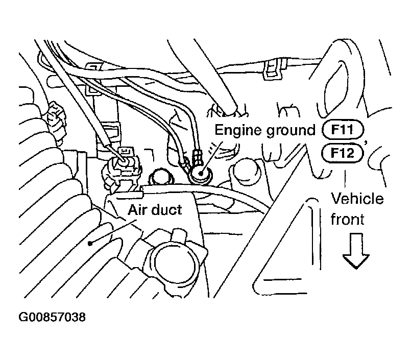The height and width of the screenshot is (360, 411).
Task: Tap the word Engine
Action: tap(235, 131)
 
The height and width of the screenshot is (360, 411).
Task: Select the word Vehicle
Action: tap(357, 199)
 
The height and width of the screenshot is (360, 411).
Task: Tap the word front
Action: tap(347, 220)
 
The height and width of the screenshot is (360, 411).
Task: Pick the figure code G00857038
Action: tap(52, 318)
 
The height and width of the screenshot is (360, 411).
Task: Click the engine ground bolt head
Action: tap(199, 175)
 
